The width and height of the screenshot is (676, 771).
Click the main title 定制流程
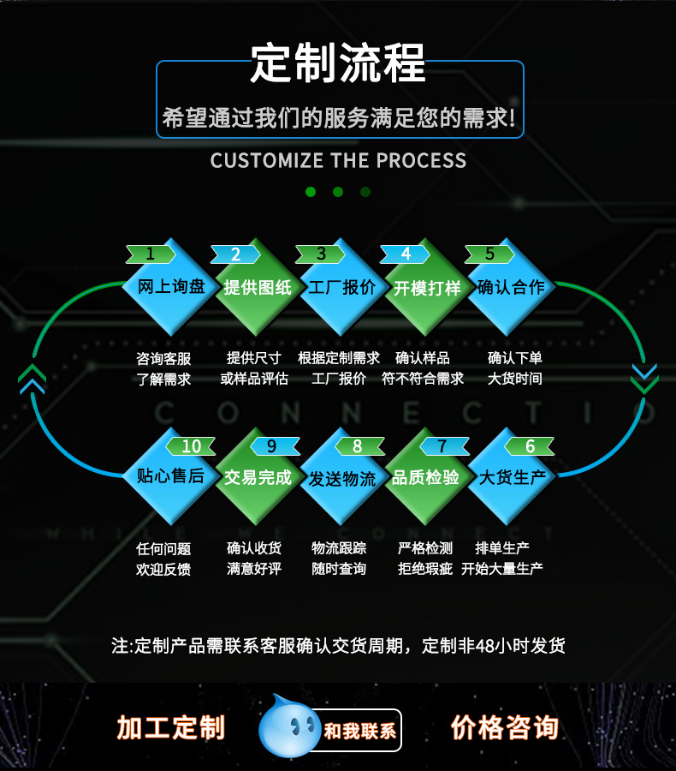[338, 64]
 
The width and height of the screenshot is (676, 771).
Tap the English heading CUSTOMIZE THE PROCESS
[338, 161]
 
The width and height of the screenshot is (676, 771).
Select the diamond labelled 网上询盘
[170, 287]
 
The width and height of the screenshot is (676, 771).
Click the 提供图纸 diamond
[257, 287]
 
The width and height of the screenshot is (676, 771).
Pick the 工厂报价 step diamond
[341, 287]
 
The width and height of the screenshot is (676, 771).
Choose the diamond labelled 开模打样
[427, 287]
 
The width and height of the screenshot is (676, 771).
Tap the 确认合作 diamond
[511, 287]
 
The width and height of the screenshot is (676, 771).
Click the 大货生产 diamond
[511, 477]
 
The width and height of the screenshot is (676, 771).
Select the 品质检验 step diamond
[425, 477]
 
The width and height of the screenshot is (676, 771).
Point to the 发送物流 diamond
[341, 477]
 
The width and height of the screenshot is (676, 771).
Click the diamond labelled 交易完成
[257, 477]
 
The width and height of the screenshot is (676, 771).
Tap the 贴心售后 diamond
[170, 477]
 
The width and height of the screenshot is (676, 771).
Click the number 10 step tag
[191, 446]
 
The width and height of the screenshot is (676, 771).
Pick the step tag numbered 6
[530, 446]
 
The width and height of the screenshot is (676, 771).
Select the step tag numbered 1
[151, 254]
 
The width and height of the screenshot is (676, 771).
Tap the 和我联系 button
[359, 731]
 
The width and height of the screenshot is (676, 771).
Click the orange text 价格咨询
[504, 727]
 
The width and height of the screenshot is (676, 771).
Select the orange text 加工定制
[171, 727]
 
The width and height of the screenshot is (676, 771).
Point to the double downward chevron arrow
[644, 378]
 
